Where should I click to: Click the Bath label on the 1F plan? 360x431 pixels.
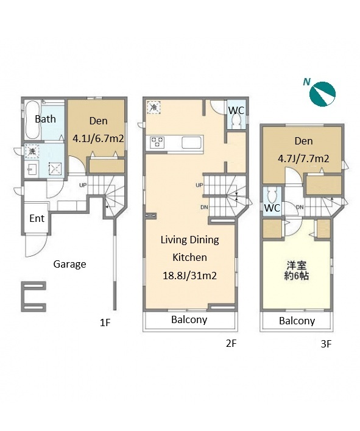(x=45, y=119)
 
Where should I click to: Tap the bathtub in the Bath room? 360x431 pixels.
(x=32, y=120)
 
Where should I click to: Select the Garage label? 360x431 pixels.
(x=69, y=264)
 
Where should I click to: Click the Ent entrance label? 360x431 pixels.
(x=37, y=218)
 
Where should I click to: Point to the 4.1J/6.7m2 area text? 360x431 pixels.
(x=98, y=138)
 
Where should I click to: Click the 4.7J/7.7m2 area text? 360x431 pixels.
(x=303, y=159)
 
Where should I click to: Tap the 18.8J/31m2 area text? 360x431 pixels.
(x=190, y=276)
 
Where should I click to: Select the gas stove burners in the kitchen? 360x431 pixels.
(x=157, y=143)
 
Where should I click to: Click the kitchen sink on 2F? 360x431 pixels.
(x=192, y=143)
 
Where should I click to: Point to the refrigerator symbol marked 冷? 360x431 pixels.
(x=154, y=107)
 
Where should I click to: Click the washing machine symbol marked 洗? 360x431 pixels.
(x=32, y=151)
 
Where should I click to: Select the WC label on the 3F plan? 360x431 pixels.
(x=272, y=208)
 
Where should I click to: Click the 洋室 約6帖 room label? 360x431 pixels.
(x=297, y=271)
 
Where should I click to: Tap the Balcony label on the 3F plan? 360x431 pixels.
(x=297, y=321)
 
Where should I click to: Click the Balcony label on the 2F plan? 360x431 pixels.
(x=189, y=319)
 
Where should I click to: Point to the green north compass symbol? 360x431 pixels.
(x=322, y=94)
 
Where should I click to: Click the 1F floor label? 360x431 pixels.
(x=105, y=322)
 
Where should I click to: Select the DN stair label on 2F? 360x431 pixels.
(x=204, y=207)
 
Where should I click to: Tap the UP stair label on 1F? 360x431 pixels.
(x=83, y=185)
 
